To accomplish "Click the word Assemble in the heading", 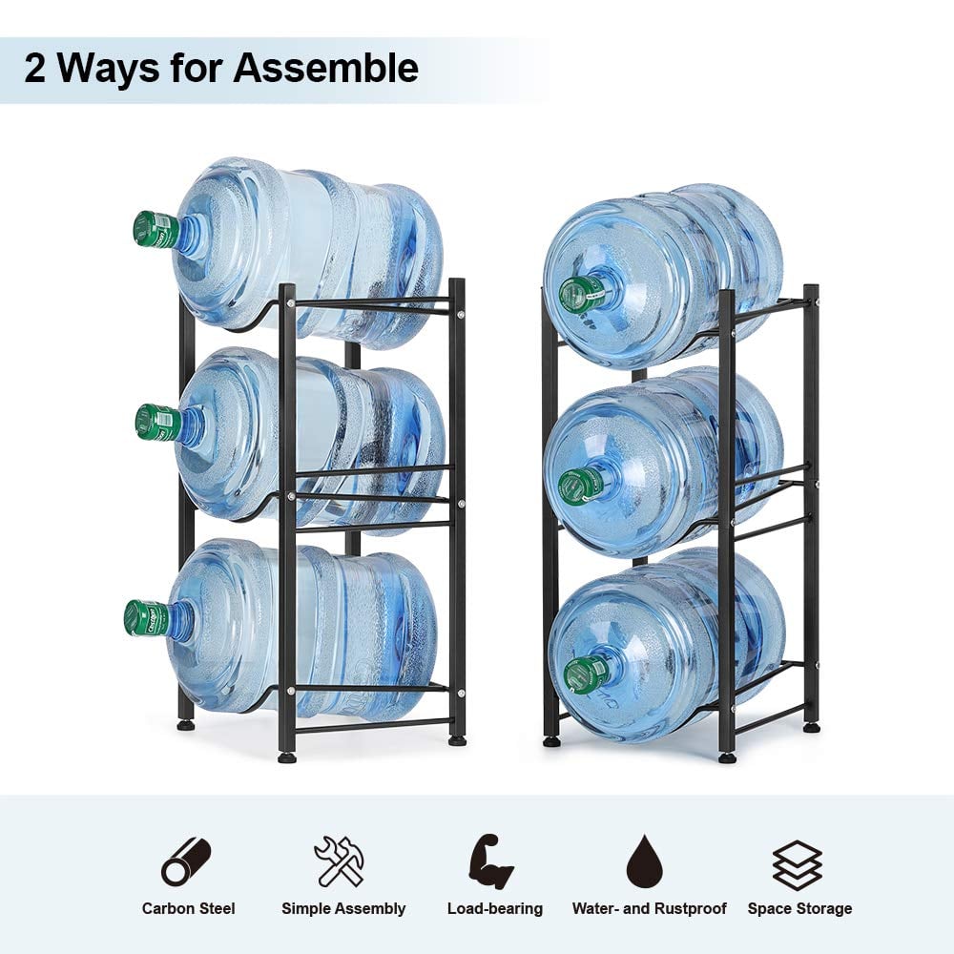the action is [325, 68].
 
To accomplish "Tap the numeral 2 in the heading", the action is [35, 68].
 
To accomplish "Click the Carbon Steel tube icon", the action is [186, 861].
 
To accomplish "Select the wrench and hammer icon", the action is [340, 861].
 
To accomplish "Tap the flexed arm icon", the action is [491, 861].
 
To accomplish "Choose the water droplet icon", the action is [647, 861].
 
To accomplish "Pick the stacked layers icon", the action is [797, 865].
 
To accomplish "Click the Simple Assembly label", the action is [343, 909].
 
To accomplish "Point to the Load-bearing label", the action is [494, 909].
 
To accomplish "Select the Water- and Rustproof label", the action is [649, 909].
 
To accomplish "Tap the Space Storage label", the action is [799, 909].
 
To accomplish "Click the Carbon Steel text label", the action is [188, 909].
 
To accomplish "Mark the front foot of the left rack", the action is [286, 757].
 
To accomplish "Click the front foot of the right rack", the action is [726, 757].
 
